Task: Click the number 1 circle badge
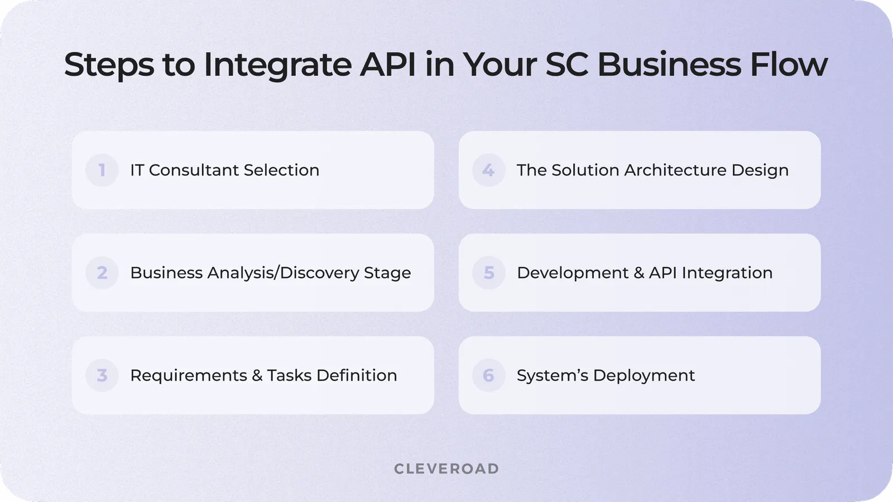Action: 102,170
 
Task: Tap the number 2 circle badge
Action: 102,273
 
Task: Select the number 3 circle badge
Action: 102,375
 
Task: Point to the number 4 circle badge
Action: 488,170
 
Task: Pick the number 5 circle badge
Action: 488,273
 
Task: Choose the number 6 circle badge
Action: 488,375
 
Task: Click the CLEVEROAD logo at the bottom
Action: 446,469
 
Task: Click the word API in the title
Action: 388,65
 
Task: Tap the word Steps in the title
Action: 109,65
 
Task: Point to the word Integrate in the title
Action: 277,65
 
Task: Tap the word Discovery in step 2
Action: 319,273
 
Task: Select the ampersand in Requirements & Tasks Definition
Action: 257,375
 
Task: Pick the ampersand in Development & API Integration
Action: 638,273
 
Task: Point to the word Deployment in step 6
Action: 644,375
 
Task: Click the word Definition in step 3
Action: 357,375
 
